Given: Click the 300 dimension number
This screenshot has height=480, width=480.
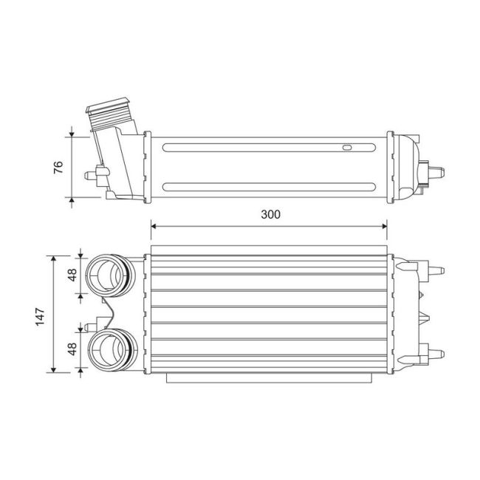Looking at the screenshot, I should coord(271,215).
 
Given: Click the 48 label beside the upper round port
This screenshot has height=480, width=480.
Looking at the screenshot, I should coord(72,275).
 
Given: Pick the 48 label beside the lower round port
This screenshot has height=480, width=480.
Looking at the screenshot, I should coord(72,349).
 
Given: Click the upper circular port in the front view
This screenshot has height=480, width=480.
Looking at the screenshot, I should coord(108,275).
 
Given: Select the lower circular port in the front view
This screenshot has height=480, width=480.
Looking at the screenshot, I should coord(108,350).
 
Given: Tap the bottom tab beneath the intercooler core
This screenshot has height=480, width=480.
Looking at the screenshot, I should coord(270,379).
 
